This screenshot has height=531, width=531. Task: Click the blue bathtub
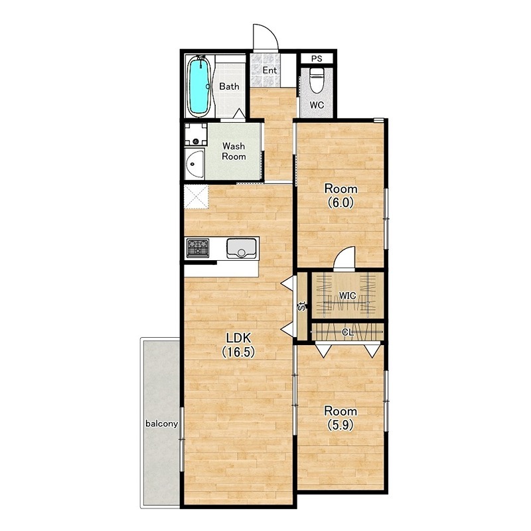tap(198, 86)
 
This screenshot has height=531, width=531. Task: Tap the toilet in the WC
tap(317, 80)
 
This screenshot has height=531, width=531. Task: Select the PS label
tap(317, 58)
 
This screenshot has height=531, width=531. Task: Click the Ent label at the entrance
tap(270, 70)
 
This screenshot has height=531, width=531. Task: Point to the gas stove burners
tap(198, 247)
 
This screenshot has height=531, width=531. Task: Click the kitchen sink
tap(242, 248)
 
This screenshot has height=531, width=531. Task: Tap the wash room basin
tap(194, 165)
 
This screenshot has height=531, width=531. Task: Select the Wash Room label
tap(234, 151)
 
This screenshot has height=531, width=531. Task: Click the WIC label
tap(347, 296)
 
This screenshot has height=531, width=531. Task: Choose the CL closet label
tap(347, 333)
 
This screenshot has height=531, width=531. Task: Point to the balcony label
tap(161, 423)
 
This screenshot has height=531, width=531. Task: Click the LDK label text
tap(239, 338)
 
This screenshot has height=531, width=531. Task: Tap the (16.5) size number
tap(238, 352)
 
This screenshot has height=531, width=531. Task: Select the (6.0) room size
tap(341, 202)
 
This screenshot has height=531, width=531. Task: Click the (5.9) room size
tap(341, 425)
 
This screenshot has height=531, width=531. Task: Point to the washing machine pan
tap(196, 135)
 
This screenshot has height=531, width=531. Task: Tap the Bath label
tap(229, 86)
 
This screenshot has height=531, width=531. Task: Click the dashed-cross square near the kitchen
tap(196, 196)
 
